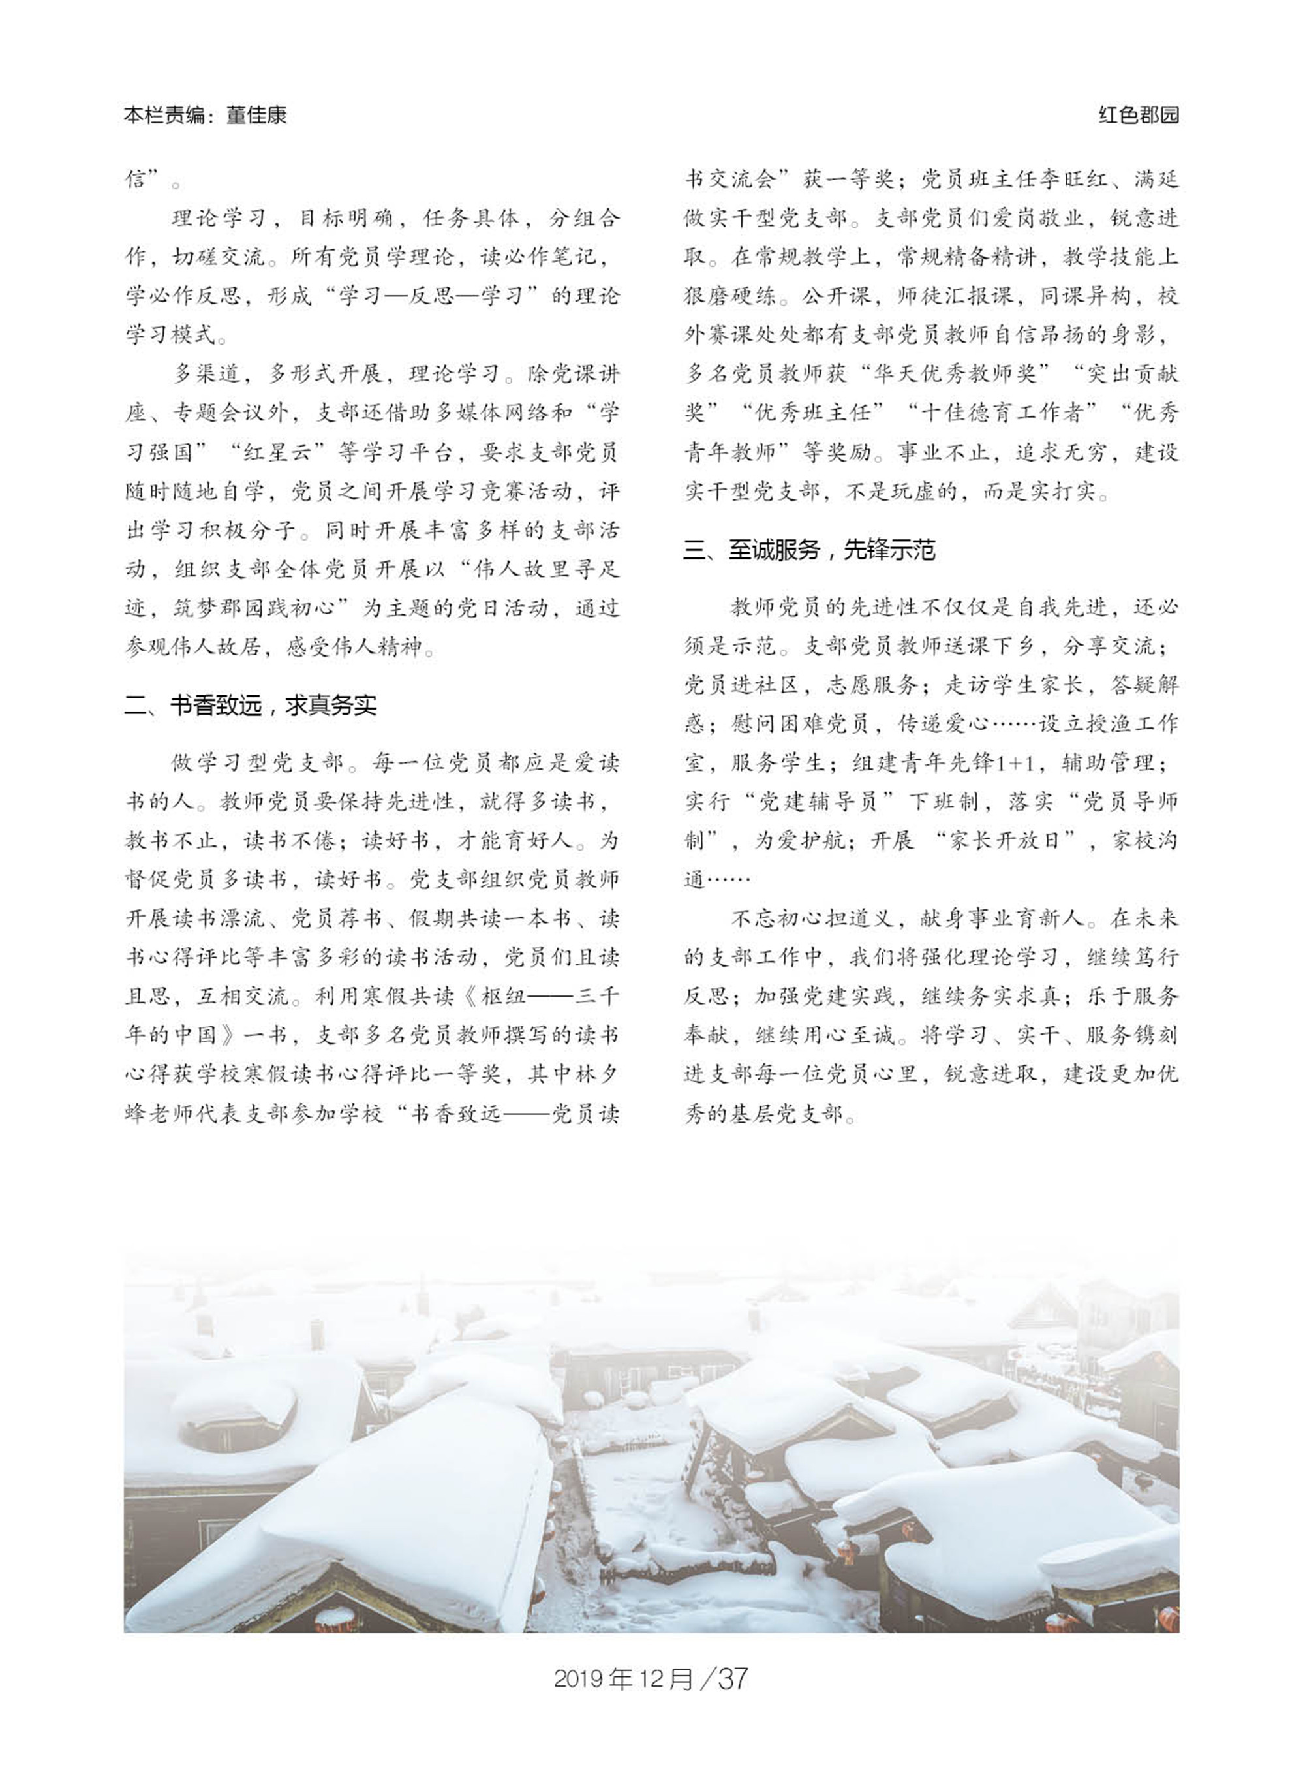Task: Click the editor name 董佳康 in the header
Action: coord(256,116)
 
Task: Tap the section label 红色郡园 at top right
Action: coord(1139,116)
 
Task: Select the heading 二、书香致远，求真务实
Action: coord(251,706)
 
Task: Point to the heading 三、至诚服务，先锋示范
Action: coord(809,550)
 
